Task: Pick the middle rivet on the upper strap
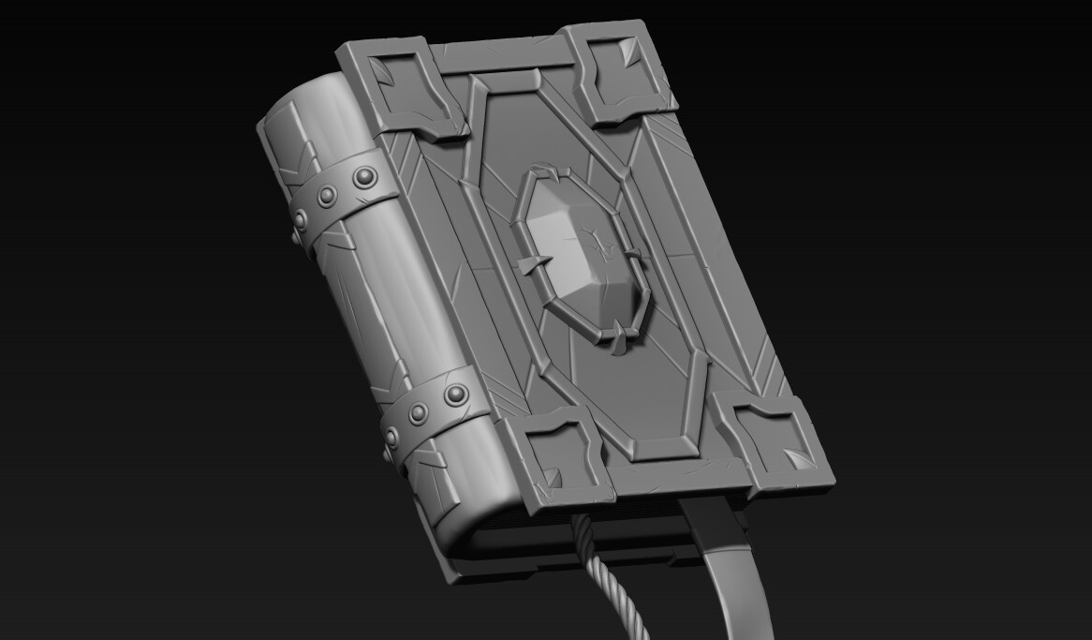[x=327, y=196]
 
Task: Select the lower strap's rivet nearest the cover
[x=456, y=394]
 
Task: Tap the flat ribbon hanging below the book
[x=731, y=572]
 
